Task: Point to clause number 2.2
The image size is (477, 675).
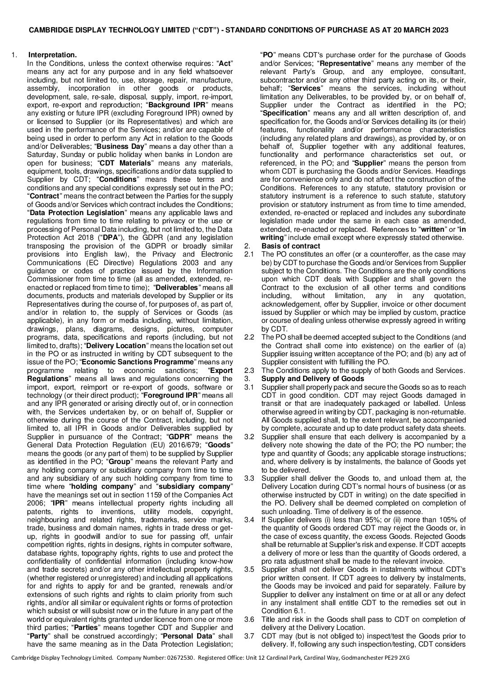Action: (249, 336)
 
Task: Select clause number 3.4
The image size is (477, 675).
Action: (249, 520)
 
